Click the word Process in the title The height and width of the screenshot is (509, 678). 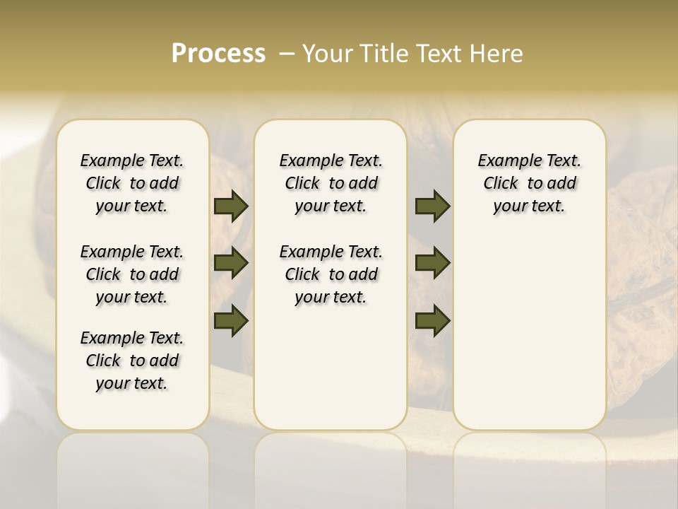(218, 54)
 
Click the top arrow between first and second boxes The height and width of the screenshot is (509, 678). (231, 206)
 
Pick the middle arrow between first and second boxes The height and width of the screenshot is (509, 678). (231, 263)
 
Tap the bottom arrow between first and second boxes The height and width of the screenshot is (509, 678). (231, 320)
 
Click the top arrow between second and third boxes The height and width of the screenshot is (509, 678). (432, 206)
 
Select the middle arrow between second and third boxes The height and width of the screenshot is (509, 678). (432, 263)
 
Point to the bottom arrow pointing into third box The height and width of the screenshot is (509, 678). (432, 320)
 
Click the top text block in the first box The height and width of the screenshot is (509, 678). (132, 183)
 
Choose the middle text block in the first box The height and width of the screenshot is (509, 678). (132, 274)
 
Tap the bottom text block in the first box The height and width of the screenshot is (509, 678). (132, 361)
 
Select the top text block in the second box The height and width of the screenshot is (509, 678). (331, 183)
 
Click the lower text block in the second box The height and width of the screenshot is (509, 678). (331, 274)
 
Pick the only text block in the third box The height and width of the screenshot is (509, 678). (529, 183)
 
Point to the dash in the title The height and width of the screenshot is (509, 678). (287, 54)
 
